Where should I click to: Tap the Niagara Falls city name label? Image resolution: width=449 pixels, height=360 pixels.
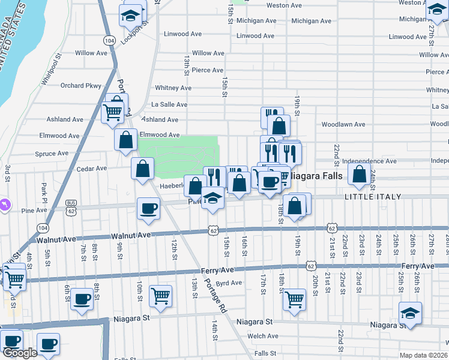(x=316, y=177)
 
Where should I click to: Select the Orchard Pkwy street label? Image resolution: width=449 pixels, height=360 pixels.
(x=81, y=86)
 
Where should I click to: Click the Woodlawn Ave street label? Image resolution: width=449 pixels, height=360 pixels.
(x=343, y=125)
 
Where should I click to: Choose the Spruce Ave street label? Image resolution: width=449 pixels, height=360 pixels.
(x=51, y=154)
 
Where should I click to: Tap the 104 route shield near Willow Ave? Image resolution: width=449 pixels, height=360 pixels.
(x=109, y=40)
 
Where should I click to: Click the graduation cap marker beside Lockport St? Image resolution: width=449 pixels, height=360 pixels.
(x=129, y=16)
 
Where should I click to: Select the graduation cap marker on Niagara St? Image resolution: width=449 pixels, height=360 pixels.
(x=410, y=313)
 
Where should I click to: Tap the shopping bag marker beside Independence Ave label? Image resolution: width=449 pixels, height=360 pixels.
(x=359, y=175)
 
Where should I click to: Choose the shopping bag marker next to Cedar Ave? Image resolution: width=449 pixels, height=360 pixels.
(x=143, y=169)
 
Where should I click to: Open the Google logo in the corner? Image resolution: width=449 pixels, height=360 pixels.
(x=20, y=352)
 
